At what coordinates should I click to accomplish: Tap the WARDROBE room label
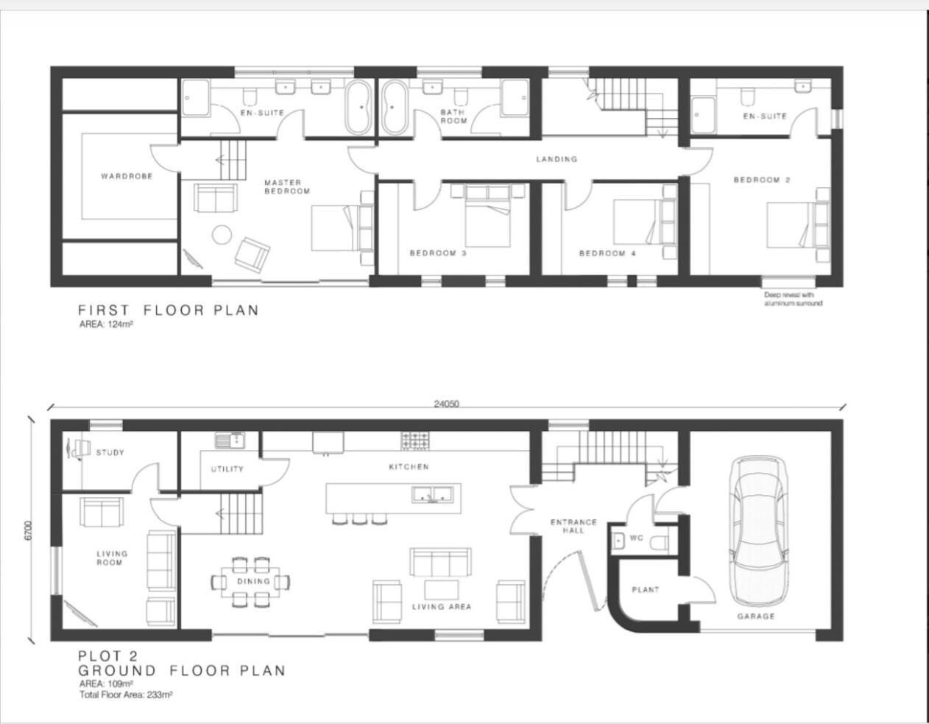coord(127,176)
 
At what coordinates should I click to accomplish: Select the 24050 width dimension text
coord(447,404)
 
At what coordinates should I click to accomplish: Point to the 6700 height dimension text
coord(29,531)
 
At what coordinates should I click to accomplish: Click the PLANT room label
coord(645,590)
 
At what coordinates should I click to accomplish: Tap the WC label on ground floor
coord(637,538)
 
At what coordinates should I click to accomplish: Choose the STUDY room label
coord(110,453)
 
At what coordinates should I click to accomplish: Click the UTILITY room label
coord(227,469)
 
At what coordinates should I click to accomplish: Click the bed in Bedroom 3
coord(486,217)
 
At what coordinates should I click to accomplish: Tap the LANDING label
coord(557,159)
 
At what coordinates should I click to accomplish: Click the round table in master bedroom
coord(222,235)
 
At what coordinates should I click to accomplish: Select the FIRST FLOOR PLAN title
coord(169,310)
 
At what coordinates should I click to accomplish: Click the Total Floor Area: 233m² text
coord(126,695)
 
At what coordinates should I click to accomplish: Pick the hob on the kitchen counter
coord(416,440)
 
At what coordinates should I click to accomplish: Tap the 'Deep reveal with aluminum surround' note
coord(793,299)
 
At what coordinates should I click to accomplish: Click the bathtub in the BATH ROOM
coord(393,108)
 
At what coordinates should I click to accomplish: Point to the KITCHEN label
coord(409,467)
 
